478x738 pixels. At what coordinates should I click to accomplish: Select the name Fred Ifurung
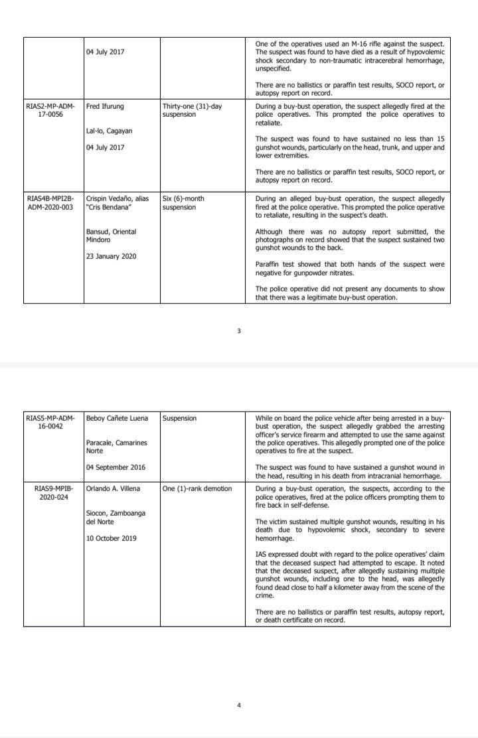(105, 106)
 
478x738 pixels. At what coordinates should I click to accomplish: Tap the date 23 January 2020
(111, 256)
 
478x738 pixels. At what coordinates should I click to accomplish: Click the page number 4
(238, 705)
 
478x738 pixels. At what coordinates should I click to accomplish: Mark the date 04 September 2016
(116, 467)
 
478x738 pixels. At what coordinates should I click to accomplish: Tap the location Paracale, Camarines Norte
(117, 447)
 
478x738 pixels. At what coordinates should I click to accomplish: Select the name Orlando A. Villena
(115, 488)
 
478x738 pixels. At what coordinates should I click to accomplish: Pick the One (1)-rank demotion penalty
(197, 488)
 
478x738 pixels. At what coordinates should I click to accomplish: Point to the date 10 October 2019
(112, 538)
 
